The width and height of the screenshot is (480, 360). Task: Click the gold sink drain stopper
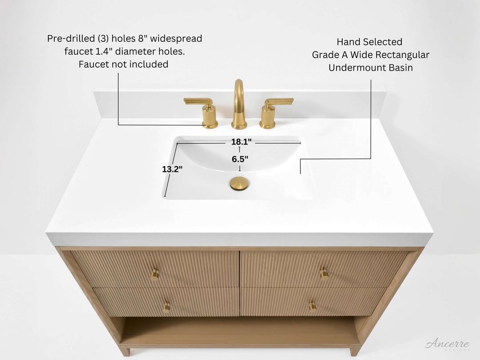pyautogui.click(x=239, y=183)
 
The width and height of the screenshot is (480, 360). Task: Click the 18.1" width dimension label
pyautogui.click(x=241, y=142)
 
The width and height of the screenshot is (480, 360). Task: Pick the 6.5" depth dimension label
pyautogui.click(x=240, y=159)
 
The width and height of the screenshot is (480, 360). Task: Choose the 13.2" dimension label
pyautogui.click(x=172, y=169)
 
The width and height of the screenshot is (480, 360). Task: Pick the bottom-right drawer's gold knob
pyautogui.click(x=313, y=306)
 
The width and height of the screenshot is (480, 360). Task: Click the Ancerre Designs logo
pyautogui.click(x=447, y=345)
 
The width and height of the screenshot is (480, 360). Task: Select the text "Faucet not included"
pyautogui.click(x=124, y=64)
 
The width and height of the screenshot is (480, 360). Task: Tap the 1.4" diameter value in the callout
pyautogui.click(x=106, y=52)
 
